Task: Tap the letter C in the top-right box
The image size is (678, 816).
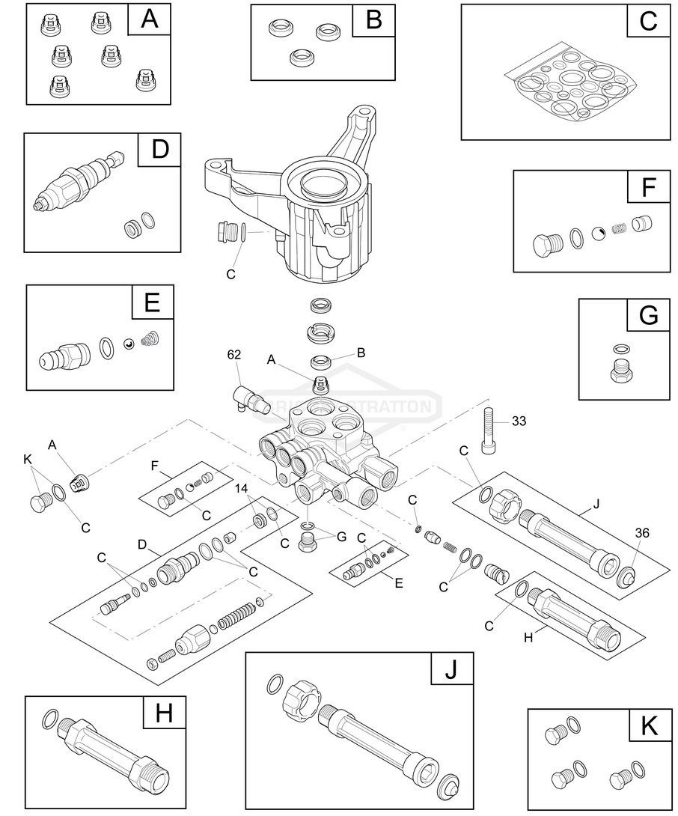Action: [x=648, y=22]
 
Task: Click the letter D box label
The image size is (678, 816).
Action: [x=160, y=150]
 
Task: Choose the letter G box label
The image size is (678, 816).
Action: [x=648, y=316]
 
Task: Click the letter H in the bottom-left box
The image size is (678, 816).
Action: [x=164, y=713]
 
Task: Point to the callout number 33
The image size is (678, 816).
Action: [x=519, y=421]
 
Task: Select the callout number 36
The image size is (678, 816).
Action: [x=641, y=533]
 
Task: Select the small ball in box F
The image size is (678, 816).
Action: [x=599, y=234]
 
